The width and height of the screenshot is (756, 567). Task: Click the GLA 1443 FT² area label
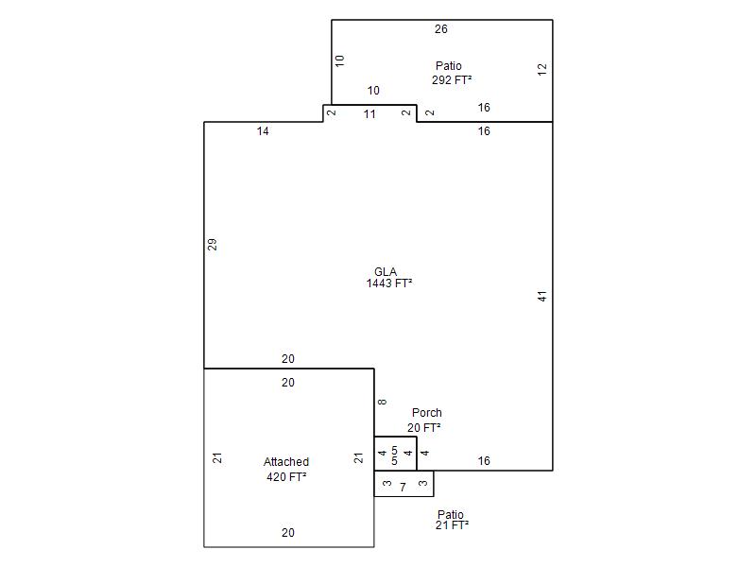[x=389, y=278]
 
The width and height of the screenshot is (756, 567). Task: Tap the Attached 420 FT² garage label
[x=286, y=469]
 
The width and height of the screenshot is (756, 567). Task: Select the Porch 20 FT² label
[x=424, y=420]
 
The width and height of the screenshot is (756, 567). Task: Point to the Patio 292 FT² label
[x=451, y=73]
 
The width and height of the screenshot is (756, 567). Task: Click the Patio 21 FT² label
[x=452, y=520]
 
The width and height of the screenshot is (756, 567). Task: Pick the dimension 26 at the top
[x=441, y=29]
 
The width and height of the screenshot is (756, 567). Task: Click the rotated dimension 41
[x=541, y=296]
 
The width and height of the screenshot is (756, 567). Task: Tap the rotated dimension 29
[x=212, y=245]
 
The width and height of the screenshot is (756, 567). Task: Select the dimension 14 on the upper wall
[x=263, y=131]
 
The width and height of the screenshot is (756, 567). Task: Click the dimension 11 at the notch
[x=369, y=114]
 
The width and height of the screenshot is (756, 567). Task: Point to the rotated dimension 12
[x=541, y=69]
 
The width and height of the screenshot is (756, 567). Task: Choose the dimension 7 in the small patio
[x=403, y=488]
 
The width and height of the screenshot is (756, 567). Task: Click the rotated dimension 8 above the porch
[x=382, y=402]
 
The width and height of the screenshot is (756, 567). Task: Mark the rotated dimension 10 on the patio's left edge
[x=340, y=60]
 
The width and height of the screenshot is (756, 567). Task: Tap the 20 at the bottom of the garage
[x=288, y=533]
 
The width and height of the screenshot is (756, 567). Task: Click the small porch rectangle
[x=395, y=437]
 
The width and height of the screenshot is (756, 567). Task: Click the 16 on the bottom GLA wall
[x=484, y=461]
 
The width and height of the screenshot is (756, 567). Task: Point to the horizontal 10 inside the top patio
[x=373, y=90]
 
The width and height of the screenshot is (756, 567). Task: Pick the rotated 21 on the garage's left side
[x=217, y=457]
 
